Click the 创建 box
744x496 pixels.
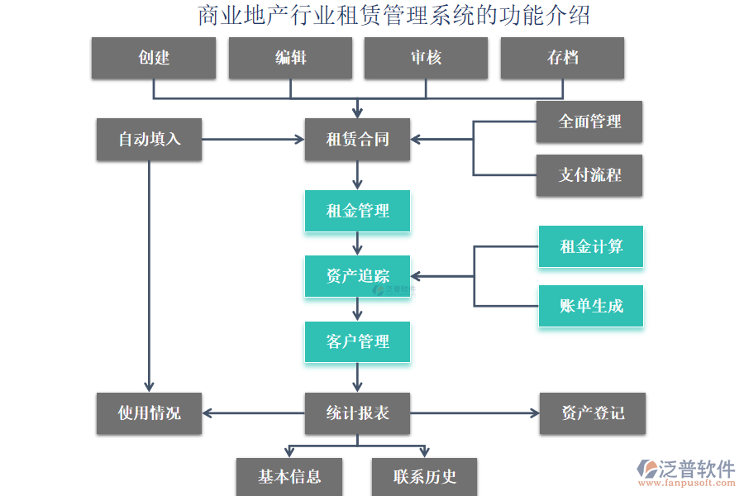(x=153, y=58)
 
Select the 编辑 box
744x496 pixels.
(x=290, y=58)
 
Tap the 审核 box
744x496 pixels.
(x=426, y=58)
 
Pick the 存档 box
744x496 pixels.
(x=562, y=58)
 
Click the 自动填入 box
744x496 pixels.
(x=149, y=139)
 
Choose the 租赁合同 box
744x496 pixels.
(x=357, y=139)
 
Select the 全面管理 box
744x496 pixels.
(x=589, y=122)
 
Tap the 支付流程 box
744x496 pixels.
(x=589, y=175)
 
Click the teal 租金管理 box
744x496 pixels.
(x=357, y=211)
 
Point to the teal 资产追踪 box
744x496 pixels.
(x=357, y=276)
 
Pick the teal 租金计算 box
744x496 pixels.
(x=590, y=246)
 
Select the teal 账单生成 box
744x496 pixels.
(x=590, y=306)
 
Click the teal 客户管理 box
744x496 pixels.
(x=357, y=341)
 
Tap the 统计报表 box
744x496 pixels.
(x=357, y=413)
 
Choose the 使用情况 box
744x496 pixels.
(x=149, y=413)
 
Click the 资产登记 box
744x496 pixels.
(x=592, y=413)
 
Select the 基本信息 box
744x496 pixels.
(x=289, y=476)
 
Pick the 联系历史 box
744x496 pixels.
(x=424, y=476)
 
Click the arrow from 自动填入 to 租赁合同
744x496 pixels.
(x=252, y=139)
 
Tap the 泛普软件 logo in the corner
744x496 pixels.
(x=686, y=473)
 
